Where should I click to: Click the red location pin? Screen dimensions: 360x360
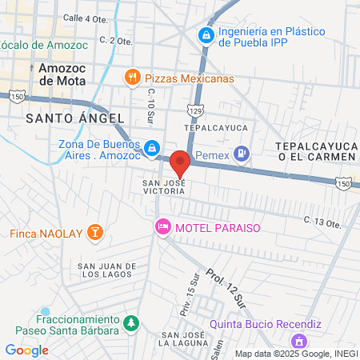click(180, 162)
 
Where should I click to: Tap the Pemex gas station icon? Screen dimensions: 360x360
click(245, 152)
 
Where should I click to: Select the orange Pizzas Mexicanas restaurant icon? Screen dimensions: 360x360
click(133, 78)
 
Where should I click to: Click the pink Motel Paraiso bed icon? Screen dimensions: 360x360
click(163, 227)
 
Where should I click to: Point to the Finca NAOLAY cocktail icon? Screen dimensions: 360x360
click(95, 234)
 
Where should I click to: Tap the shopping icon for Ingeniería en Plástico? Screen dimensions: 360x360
click(206, 35)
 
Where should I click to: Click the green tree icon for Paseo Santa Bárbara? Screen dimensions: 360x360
click(130, 322)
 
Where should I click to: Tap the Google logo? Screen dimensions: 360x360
click(26, 350)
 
